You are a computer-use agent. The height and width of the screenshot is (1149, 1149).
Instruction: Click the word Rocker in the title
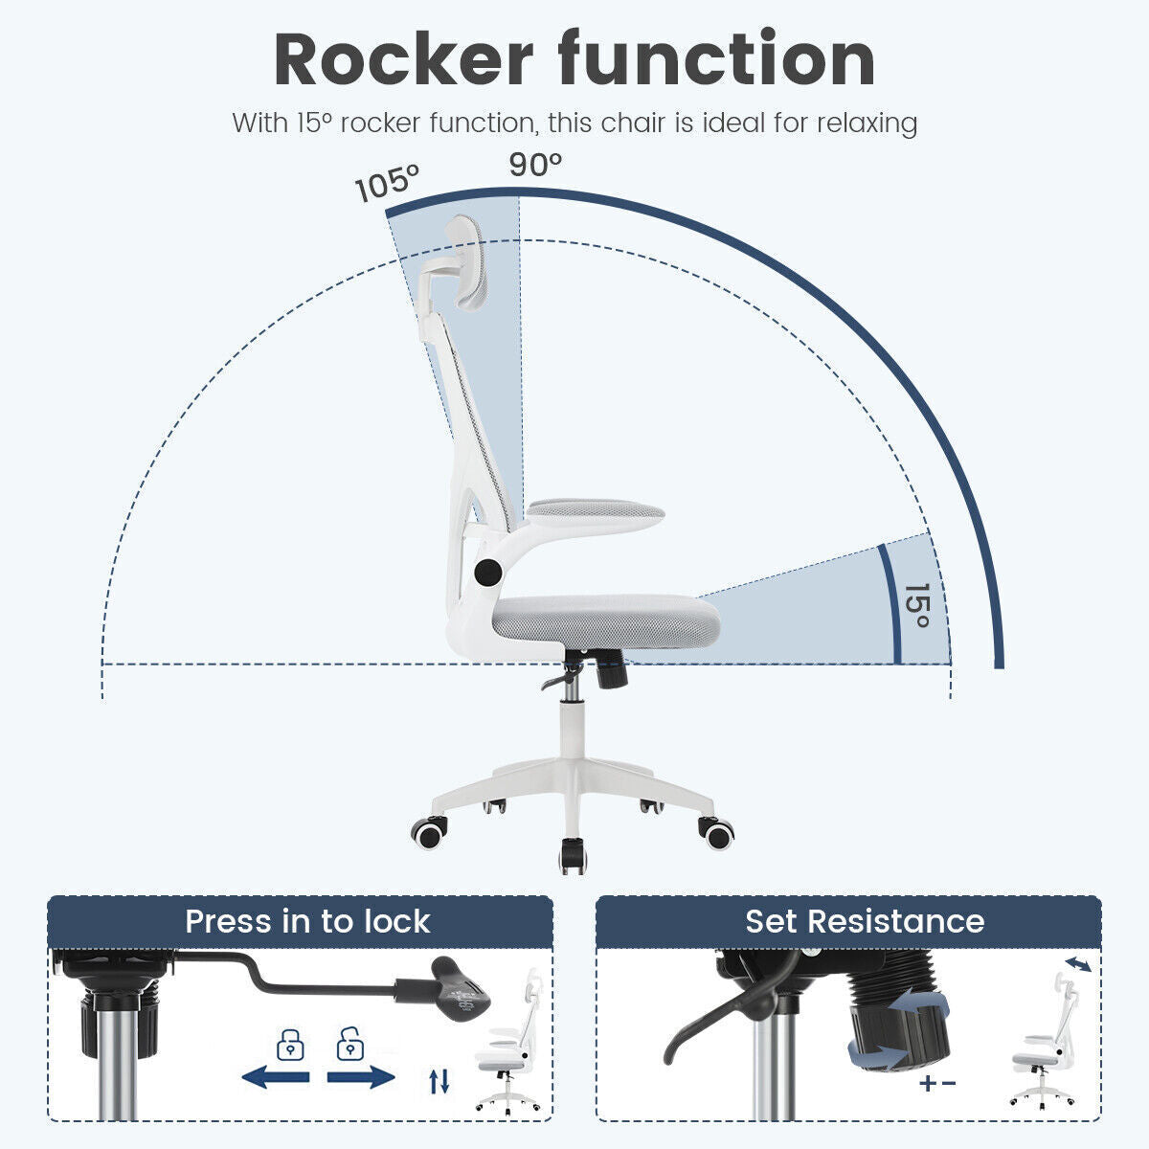coord(404,59)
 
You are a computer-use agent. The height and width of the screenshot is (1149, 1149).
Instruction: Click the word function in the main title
coord(716,58)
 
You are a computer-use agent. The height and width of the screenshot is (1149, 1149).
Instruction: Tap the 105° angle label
coord(387,182)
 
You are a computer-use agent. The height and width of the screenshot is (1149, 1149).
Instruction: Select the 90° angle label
coord(535,165)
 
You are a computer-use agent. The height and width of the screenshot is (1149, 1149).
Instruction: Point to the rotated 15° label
coord(916,605)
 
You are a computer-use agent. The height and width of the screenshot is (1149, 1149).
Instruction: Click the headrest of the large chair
coord(466,262)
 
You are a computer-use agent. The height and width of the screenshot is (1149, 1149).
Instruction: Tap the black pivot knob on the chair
coord(488,573)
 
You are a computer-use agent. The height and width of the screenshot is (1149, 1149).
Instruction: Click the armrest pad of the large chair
coord(595,512)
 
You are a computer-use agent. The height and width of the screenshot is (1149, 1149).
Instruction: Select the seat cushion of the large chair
coord(606,620)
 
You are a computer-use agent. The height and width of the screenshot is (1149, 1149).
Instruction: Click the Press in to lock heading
coord(307,921)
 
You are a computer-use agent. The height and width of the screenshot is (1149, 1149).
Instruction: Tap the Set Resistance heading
coord(864,921)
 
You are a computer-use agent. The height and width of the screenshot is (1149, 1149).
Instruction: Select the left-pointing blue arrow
coord(276,1077)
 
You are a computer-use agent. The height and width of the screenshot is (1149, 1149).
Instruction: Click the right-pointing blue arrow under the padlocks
coord(361,1077)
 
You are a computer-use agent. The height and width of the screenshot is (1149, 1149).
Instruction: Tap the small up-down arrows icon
coord(439,1081)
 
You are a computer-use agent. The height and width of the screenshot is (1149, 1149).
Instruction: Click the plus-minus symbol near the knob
coord(937,1083)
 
